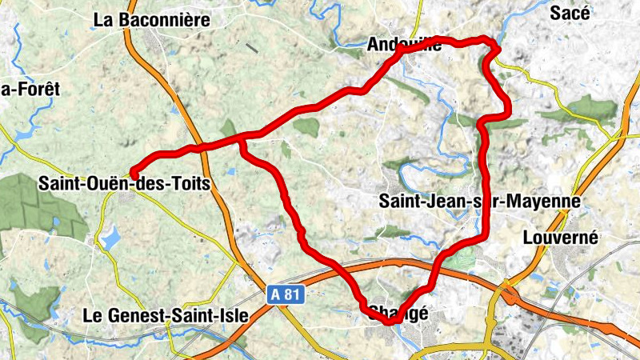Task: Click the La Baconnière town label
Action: coord(151,19)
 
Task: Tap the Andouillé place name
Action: coord(405,46)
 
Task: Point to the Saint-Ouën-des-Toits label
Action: coord(124,184)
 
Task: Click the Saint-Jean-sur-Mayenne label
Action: coord(479,200)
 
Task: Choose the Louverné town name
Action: coord(559,238)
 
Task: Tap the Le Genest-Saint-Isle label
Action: coord(166,316)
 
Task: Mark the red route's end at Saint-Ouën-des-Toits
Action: coord(134,175)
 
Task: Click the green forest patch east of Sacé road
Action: coord(588,107)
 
